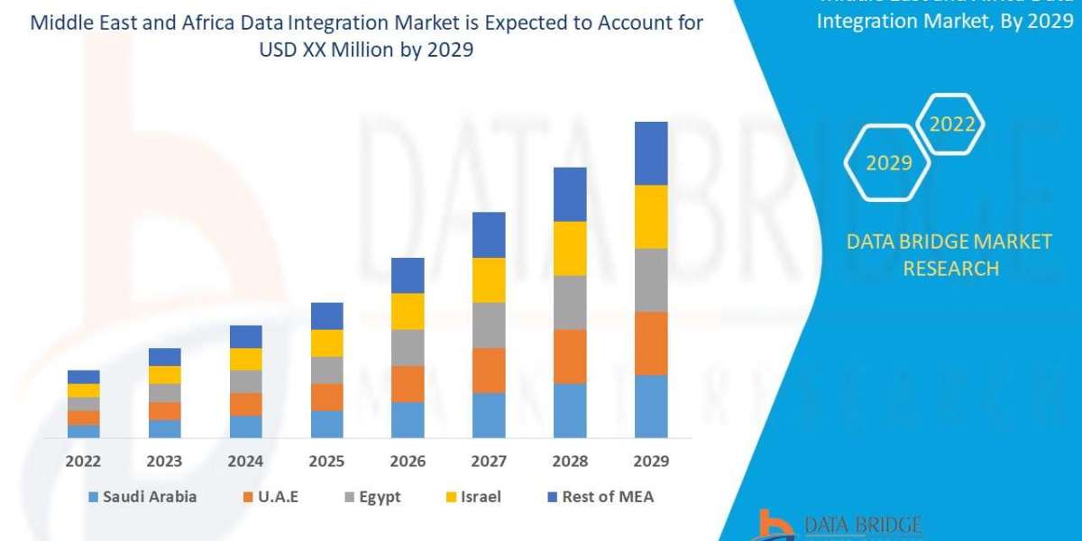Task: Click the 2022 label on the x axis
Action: pos(83,461)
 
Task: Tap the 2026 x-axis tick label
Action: pos(408,461)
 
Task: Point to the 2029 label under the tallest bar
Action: pos(651,461)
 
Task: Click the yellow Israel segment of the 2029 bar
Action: pos(651,216)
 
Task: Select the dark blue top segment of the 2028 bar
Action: pos(570,194)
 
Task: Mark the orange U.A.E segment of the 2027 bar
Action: pos(489,370)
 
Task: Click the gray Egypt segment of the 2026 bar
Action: pos(408,347)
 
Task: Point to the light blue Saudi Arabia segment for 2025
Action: pos(326,424)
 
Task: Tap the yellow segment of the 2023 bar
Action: pos(164,374)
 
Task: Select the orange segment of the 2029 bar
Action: pos(651,343)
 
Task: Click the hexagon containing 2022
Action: pos(950,124)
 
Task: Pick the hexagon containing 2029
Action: pos(887,163)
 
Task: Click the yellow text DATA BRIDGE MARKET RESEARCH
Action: pos(949,254)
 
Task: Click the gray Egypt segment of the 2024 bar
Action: pos(245,381)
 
